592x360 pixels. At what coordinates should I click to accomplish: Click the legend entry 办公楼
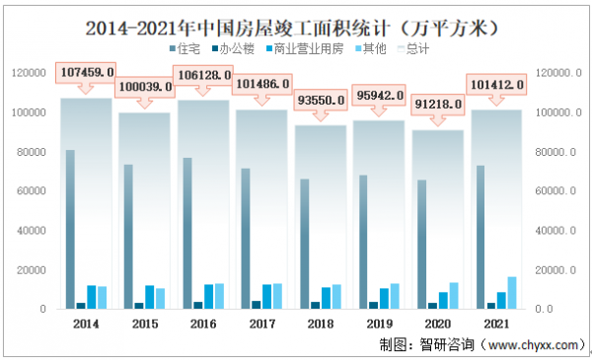[236, 47]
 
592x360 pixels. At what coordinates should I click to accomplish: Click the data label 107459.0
[87, 72]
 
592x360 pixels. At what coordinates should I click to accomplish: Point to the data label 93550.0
[322, 100]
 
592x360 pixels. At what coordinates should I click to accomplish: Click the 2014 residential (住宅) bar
[70, 230]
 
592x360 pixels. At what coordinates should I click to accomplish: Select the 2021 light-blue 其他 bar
[511, 292]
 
